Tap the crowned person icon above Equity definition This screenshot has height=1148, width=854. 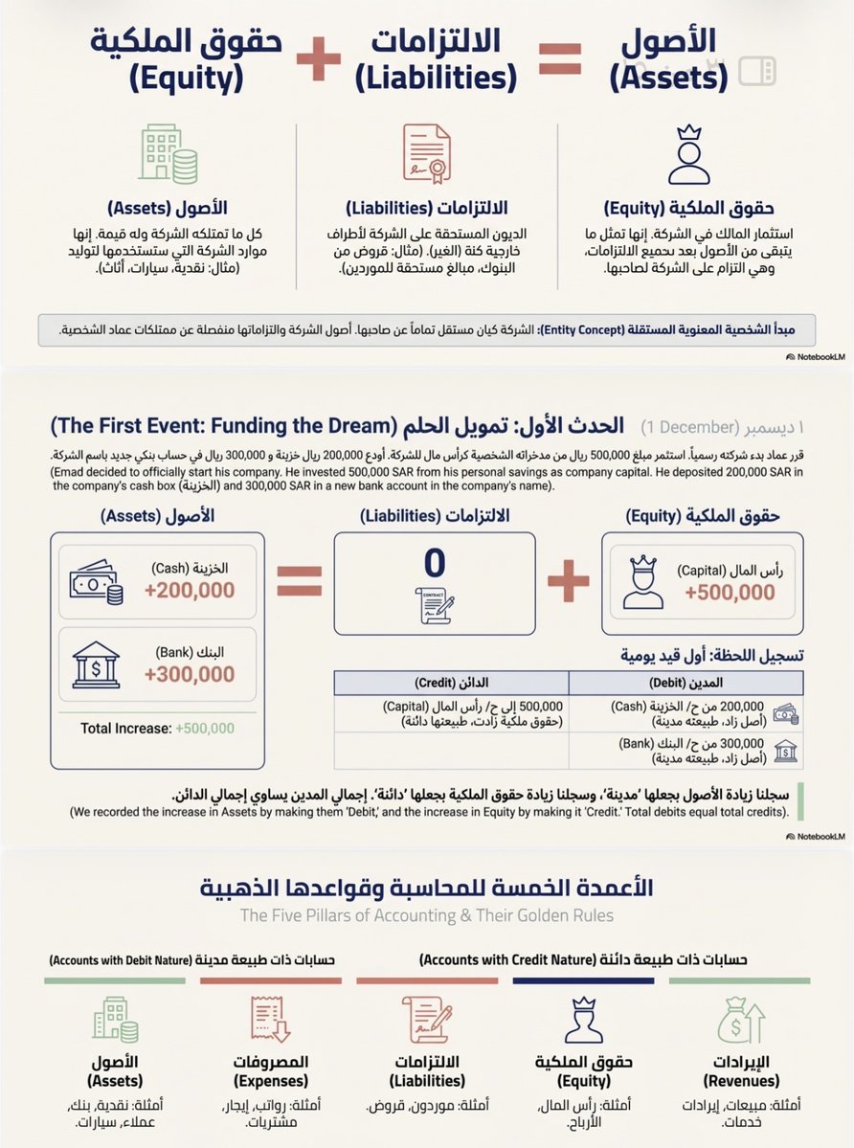[688, 154]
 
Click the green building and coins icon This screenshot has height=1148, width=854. [168, 154]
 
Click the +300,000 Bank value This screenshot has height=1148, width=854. [190, 673]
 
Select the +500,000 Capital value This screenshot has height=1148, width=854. [730, 592]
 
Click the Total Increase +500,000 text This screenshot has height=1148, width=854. [157, 728]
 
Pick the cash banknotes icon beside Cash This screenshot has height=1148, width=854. [96, 582]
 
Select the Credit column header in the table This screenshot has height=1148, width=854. [451, 684]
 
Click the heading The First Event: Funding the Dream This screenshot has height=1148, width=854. [426, 425]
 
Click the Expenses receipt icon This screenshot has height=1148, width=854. [272, 1019]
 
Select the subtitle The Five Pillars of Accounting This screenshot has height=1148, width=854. [426, 915]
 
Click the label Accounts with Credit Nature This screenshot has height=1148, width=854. [583, 958]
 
